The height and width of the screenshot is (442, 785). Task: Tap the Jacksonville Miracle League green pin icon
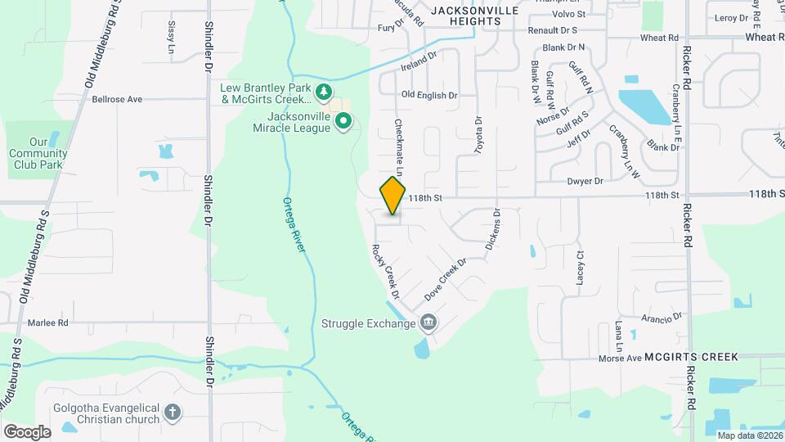(x=344, y=123)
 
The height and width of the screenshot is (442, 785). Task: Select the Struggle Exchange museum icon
(x=428, y=323)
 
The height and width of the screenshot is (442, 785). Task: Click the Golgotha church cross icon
(x=173, y=413)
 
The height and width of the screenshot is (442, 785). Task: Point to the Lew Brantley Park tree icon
(x=325, y=91)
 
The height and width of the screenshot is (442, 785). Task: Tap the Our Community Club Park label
(x=38, y=153)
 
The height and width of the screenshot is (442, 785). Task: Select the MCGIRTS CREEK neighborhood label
(x=691, y=357)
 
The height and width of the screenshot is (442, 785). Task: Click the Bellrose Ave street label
(x=117, y=99)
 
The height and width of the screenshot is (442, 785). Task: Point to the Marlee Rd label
(x=47, y=322)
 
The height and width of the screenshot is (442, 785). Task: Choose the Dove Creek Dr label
(x=445, y=279)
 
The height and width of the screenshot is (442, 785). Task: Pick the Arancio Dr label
(x=662, y=318)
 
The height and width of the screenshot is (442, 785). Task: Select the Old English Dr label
(x=429, y=95)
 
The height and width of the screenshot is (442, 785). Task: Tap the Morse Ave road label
(x=620, y=358)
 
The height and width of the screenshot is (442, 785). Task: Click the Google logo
(x=27, y=431)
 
